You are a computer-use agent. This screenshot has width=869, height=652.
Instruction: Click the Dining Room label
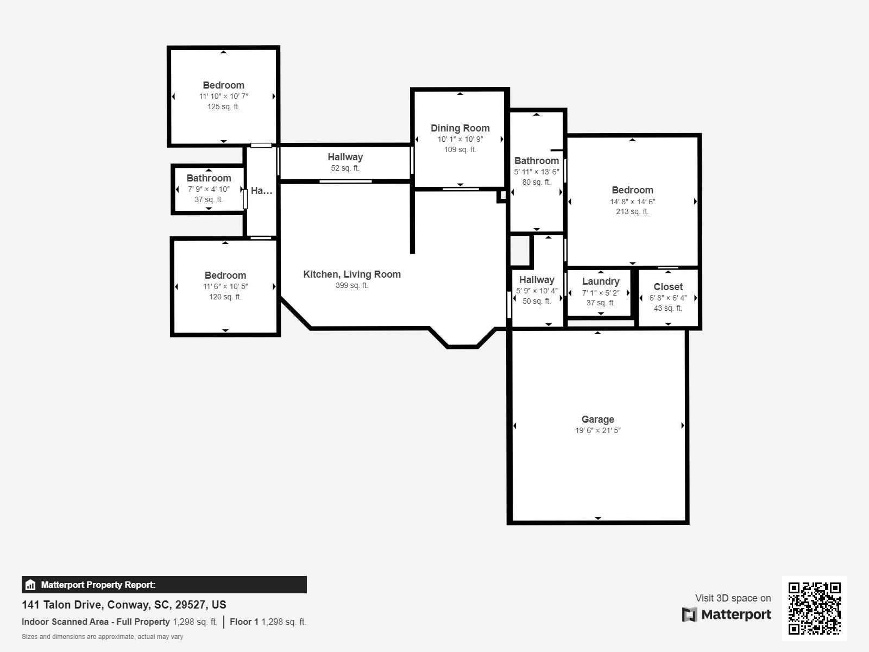460,128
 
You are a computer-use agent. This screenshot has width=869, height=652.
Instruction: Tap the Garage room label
597,419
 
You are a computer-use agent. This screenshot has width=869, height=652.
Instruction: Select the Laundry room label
601,281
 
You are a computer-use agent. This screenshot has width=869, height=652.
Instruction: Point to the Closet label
668,287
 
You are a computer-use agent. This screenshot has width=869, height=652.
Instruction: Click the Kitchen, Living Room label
352,274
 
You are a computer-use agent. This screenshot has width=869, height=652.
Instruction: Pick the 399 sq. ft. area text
352,285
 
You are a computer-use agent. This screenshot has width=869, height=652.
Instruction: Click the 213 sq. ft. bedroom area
632,211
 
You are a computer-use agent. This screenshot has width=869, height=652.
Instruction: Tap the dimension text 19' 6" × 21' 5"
598,430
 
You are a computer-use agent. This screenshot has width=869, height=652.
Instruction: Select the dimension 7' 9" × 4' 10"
209,189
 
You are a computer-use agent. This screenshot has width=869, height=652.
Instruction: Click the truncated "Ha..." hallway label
261,191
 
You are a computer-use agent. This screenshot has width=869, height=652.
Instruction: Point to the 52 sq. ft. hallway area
345,168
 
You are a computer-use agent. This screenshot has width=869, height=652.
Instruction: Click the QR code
814,609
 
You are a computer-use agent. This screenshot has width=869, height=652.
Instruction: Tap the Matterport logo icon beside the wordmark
689,615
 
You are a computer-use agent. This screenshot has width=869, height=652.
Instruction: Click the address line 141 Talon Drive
124,605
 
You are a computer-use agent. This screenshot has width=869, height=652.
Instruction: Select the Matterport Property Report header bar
164,585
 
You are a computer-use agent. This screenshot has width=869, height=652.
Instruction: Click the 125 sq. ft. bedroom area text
223,106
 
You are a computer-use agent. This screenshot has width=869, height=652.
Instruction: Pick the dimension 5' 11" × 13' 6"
537,172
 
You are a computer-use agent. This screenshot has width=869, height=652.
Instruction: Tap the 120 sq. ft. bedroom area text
225,297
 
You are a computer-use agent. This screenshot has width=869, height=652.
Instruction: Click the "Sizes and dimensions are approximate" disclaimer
102,637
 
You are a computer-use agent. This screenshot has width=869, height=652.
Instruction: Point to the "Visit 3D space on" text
733,598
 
